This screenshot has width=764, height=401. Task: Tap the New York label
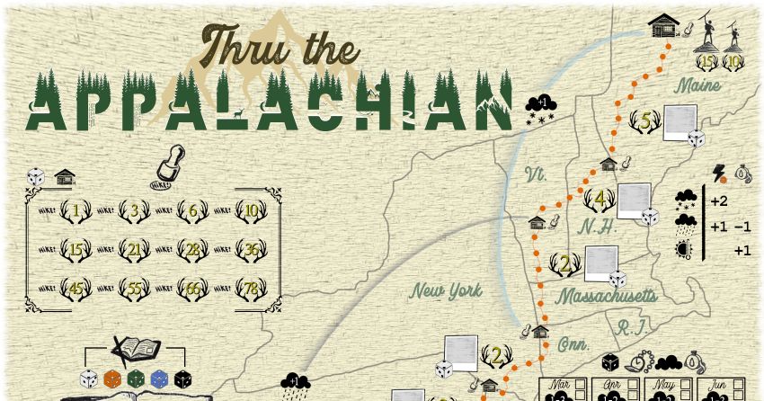coord(446,290)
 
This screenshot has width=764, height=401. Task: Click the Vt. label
coord(536,174)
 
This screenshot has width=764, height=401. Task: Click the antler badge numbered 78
coord(252,289)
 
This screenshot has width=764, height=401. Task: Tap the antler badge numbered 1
coord(76,211)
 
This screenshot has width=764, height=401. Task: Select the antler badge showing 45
coord(76,289)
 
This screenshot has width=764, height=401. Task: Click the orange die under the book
coord(112,379)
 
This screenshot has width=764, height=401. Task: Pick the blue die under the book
coord(159,379)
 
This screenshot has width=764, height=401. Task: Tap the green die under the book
coord(136,379)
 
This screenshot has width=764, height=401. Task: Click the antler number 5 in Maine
coord(643,120)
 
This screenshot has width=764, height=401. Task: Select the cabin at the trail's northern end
coord(663,25)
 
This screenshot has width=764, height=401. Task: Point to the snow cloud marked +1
coord(541,109)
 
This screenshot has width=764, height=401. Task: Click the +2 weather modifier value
coord(718,200)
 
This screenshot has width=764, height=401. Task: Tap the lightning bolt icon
coord(718,172)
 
